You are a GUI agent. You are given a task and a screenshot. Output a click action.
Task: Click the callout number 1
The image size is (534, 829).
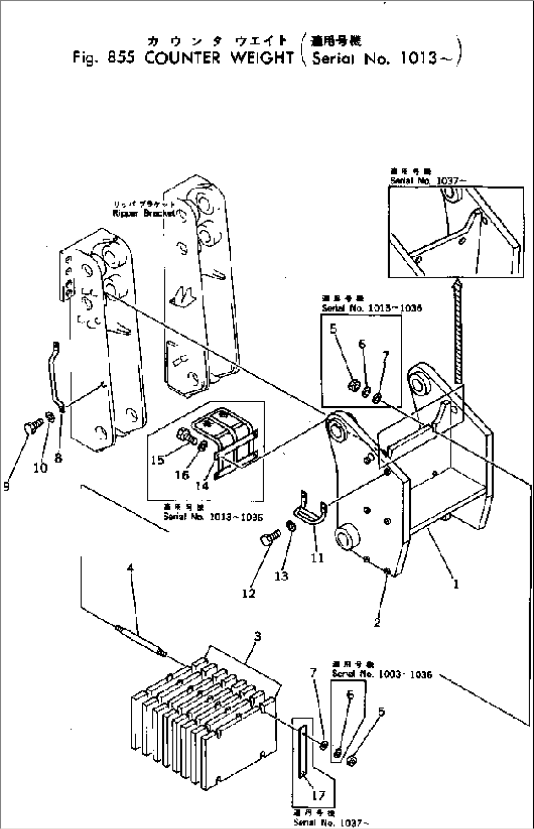(456, 584)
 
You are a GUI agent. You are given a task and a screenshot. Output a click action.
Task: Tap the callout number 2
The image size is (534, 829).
(377, 623)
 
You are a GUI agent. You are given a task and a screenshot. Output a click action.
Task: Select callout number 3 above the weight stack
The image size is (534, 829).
(258, 636)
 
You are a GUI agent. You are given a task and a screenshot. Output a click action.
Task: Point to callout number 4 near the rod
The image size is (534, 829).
(130, 568)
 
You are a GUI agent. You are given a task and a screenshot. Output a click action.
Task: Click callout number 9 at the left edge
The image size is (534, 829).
(6, 486)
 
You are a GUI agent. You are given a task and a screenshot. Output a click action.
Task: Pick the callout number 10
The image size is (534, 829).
(41, 468)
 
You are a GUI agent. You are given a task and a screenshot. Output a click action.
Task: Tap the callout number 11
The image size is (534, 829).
(317, 558)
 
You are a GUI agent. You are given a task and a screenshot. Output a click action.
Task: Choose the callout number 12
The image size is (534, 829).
(248, 593)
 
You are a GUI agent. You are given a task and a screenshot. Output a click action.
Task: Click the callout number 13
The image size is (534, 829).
(281, 576)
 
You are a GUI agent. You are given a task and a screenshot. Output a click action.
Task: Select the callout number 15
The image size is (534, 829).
(158, 460)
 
